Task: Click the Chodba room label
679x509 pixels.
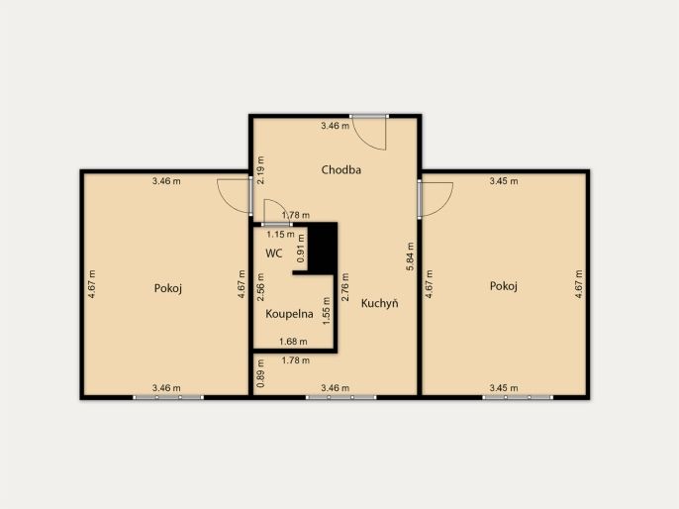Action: [341, 169]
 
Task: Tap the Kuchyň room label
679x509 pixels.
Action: [380, 303]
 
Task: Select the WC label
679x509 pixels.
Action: [273, 254]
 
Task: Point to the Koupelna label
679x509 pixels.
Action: [289, 314]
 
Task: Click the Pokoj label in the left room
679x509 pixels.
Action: [168, 288]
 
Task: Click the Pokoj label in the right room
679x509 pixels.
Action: [504, 286]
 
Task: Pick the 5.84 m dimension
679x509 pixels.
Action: [410, 256]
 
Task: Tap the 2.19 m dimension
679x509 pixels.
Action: [260, 170]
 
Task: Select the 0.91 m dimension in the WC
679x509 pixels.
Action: [301, 249]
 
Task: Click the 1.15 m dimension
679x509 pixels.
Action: [280, 235]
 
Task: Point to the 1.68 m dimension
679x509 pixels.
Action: [293, 342]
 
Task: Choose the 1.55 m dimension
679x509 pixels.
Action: [327, 311]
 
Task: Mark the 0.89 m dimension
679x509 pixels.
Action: [260, 373]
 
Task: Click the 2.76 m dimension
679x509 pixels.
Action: [345, 287]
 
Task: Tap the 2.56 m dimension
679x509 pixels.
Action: [260, 287]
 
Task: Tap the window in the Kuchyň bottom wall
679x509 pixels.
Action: [341, 397]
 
